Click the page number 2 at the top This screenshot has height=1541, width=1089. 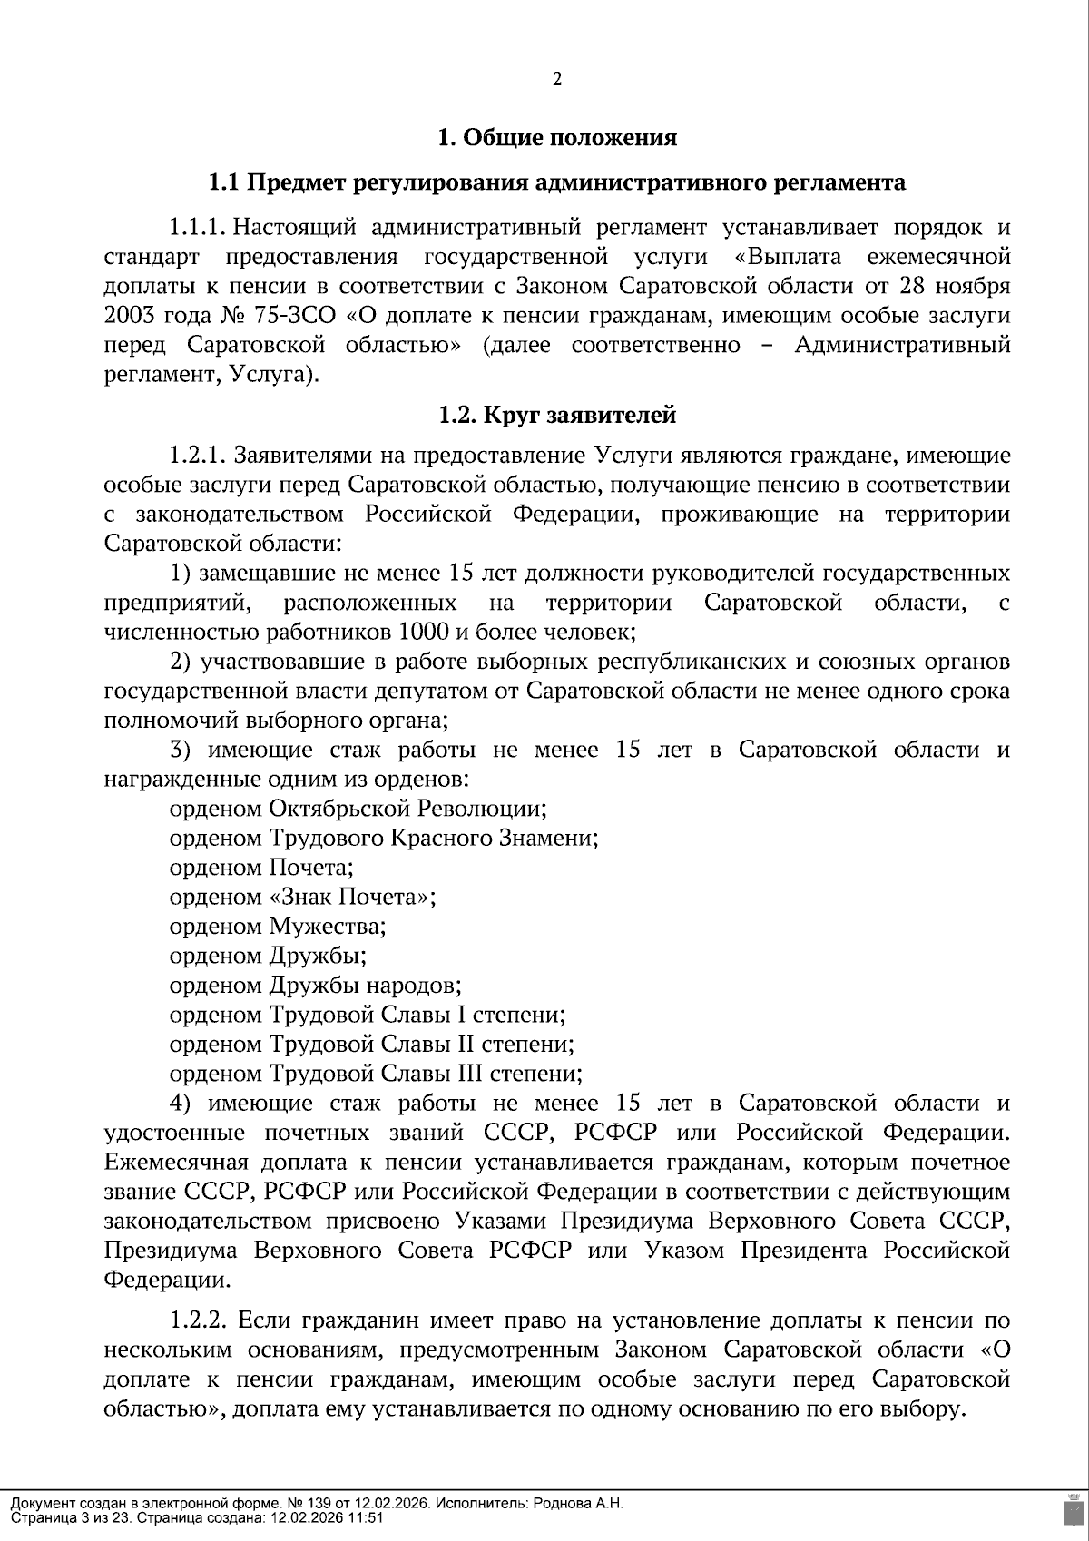[557, 79]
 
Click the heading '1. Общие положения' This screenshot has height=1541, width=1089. [557, 138]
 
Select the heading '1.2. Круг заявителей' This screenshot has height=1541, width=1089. [557, 416]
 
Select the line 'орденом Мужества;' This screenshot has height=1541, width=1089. [278, 927]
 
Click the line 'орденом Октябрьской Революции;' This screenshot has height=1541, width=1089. [358, 808]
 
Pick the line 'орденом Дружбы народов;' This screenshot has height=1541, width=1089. [316, 985]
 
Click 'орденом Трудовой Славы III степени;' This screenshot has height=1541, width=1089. [376, 1074]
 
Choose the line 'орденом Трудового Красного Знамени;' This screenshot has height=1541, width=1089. [384, 838]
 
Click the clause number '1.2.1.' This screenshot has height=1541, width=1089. [202, 455]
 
